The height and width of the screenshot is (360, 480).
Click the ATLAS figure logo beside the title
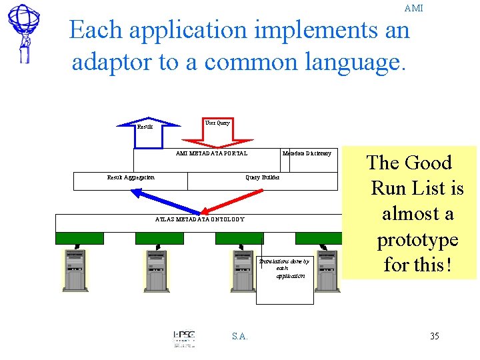pos(24,33)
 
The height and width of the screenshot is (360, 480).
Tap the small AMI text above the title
pos(413,9)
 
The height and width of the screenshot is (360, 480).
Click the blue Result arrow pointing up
pos(148,123)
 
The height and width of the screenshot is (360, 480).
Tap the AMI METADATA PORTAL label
pos(211,153)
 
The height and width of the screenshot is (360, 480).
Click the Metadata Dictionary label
pos(307,153)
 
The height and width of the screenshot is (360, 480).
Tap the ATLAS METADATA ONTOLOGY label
pos(199,219)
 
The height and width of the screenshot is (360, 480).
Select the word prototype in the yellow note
pos(417,239)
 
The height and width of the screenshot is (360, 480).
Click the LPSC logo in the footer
pos(184,337)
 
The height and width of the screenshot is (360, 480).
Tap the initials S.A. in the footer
pos(240,336)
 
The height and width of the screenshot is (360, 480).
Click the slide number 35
pos(434,336)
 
